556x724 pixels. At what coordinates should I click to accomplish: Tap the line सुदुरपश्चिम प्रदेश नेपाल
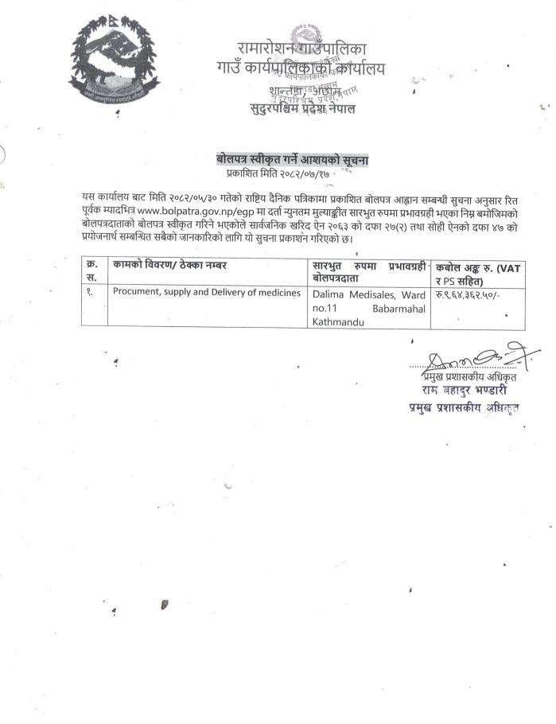[301, 108]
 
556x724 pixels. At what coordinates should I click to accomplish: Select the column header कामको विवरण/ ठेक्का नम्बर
[165, 264]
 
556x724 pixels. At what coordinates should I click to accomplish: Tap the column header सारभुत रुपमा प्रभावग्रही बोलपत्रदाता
[368, 271]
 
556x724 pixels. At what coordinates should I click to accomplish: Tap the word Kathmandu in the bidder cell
[336, 321]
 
